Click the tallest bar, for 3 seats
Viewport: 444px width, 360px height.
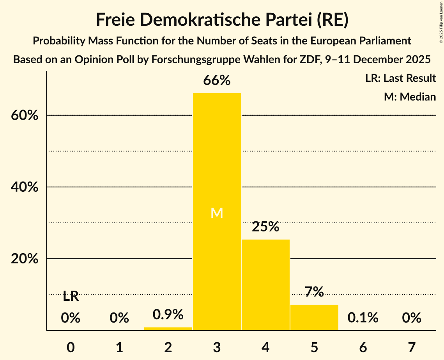[x=217, y=175]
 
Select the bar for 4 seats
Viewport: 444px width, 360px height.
[x=265, y=284]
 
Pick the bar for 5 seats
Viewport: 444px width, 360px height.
[x=314, y=317]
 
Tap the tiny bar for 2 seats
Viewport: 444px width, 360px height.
[x=168, y=328]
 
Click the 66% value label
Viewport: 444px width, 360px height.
[x=217, y=81]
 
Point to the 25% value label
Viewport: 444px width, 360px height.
[x=265, y=226]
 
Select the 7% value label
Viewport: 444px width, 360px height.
[x=314, y=292]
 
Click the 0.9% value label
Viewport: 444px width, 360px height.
[x=168, y=314]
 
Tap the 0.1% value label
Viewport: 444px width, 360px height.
[x=363, y=318]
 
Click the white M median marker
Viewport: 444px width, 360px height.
[x=217, y=213]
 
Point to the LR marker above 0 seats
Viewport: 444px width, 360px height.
[x=71, y=296]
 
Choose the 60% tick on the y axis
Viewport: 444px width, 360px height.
[x=25, y=116]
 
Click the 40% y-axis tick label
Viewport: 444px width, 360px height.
[x=25, y=187]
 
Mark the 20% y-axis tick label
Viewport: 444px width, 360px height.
[x=25, y=259]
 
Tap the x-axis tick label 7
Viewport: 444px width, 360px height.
[x=412, y=347]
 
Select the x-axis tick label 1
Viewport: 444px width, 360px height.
[x=119, y=347]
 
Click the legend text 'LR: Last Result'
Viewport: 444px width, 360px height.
[x=400, y=78]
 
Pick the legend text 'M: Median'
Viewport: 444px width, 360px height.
[x=410, y=97]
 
